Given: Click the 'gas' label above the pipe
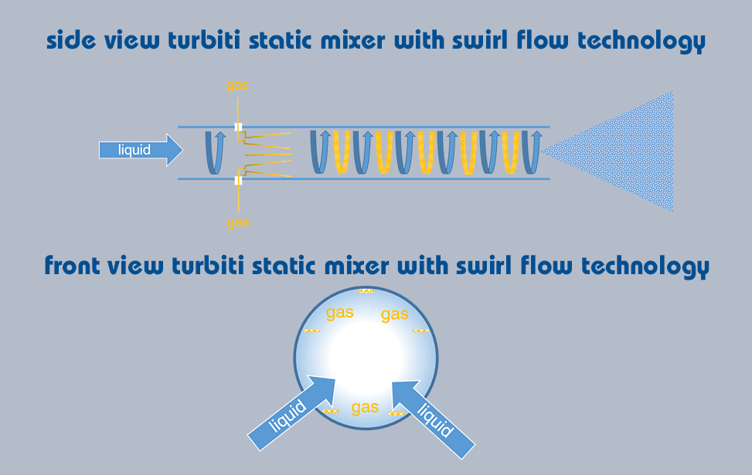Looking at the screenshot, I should point(238,85).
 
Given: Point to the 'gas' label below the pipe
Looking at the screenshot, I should point(238,222).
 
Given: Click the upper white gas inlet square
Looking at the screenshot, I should point(239,127).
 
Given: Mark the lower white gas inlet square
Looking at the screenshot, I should point(239,180).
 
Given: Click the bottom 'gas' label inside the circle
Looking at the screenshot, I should point(365,407).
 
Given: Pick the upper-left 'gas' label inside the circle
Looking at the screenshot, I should point(340,313).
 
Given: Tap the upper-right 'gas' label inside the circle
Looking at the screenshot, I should point(394,314).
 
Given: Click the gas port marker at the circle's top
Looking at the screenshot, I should point(366,290).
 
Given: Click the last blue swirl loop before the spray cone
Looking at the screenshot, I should point(531,151).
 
